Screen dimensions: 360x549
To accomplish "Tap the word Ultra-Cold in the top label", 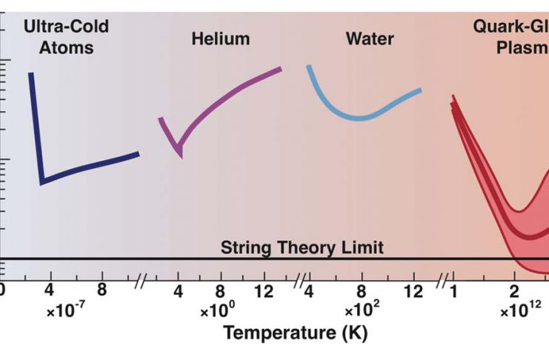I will [x=66, y=27].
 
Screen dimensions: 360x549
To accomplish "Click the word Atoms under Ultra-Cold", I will [x=66, y=48].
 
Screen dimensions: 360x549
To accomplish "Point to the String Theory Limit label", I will [x=302, y=247].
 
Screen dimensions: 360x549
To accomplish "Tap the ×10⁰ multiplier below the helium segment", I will [x=219, y=312].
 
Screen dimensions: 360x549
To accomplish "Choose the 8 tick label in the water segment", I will [x=362, y=290].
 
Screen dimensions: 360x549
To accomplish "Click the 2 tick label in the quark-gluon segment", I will [x=514, y=290].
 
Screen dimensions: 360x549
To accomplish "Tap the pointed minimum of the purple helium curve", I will [x=179, y=154].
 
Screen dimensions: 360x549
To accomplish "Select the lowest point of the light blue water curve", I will [x=360, y=119].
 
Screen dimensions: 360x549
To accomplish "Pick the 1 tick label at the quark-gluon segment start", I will [x=453, y=290].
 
